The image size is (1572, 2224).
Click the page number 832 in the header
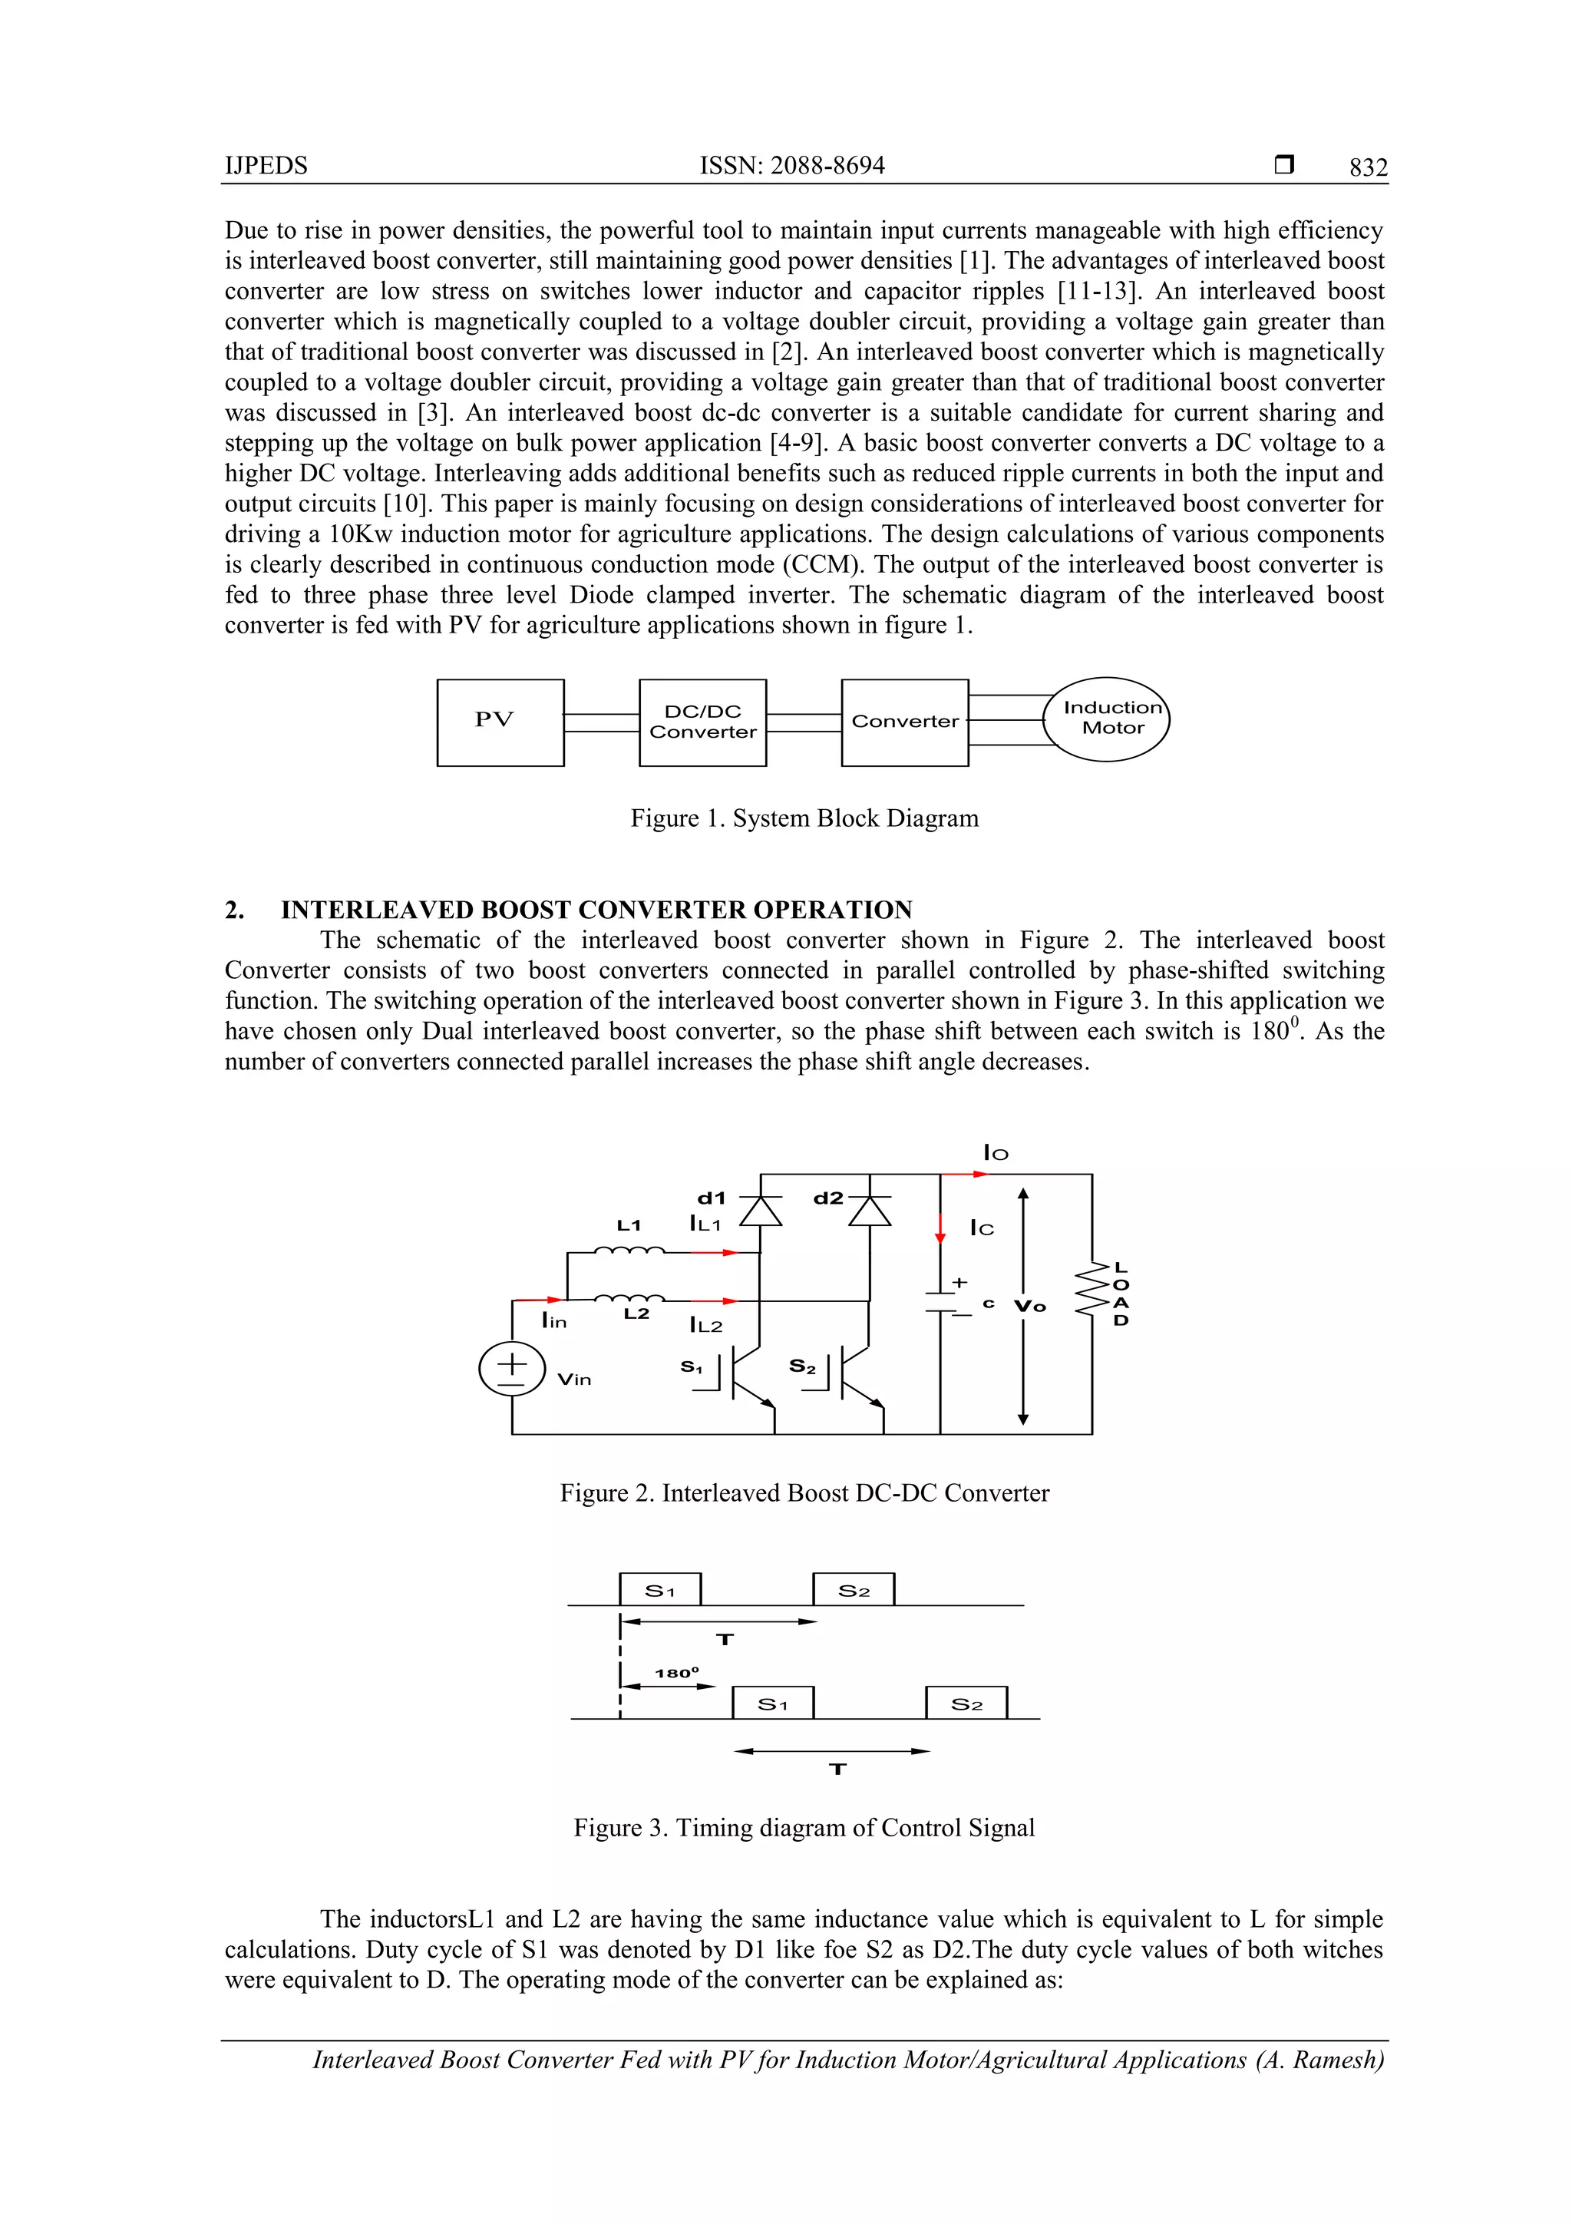pyautogui.click(x=1368, y=167)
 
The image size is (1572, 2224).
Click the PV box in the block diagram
pyautogui.click(x=500, y=722)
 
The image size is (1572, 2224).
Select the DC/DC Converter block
pyautogui.click(x=702, y=722)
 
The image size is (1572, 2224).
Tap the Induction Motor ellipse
pyautogui.click(x=1106, y=719)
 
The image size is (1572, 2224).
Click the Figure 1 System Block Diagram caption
pyautogui.click(x=804, y=818)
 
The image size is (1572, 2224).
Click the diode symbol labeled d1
pyautogui.click(x=761, y=1211)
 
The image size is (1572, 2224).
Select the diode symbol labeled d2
pyautogui.click(x=869, y=1211)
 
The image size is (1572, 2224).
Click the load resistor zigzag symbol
pyautogui.click(x=1092, y=1289)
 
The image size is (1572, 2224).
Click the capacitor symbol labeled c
pyautogui.click(x=940, y=1302)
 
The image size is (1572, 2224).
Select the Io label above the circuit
pyautogui.click(x=996, y=1152)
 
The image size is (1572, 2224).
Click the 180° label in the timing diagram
pyautogui.click(x=676, y=1673)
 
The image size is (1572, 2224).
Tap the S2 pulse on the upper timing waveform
pyautogui.click(x=854, y=1591)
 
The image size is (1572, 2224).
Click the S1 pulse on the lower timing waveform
pyautogui.click(x=772, y=1704)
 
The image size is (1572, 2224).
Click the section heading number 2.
pyautogui.click(x=234, y=910)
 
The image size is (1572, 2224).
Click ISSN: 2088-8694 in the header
pyautogui.click(x=791, y=166)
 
